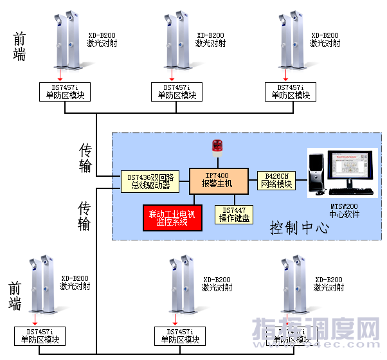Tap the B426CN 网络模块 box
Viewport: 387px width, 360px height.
point(275,180)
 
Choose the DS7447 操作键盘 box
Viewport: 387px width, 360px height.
point(234,215)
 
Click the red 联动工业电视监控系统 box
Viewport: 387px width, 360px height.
point(172,217)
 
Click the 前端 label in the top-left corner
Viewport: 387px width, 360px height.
point(20,47)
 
